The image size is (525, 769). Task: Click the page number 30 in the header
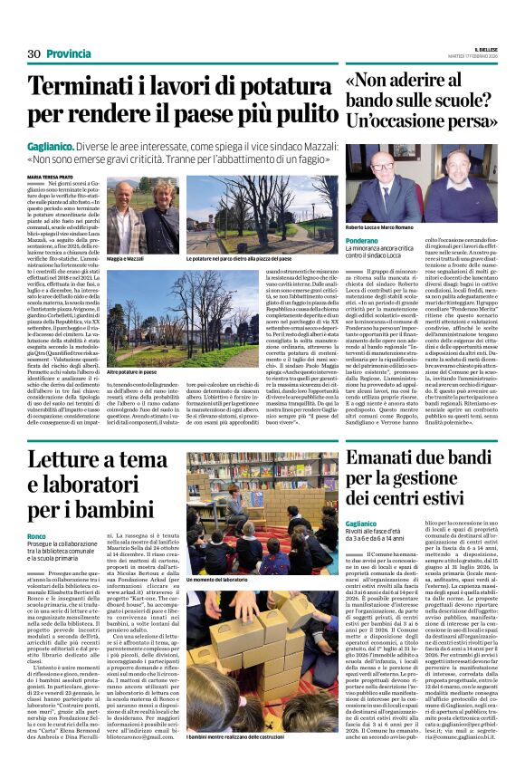tap(34, 53)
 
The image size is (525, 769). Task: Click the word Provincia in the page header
tap(68, 53)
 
